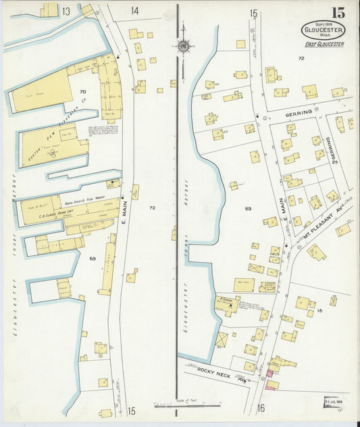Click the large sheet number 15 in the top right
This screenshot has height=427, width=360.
[337, 13]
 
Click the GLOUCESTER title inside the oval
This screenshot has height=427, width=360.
[323, 30]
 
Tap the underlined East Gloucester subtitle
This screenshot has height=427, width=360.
[324, 45]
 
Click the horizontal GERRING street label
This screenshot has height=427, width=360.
[299, 112]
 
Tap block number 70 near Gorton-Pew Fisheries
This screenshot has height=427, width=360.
[83, 92]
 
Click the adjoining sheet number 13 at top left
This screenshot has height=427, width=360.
[66, 11]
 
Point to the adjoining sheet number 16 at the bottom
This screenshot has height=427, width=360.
[261, 407]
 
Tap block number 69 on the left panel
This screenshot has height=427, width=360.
[93, 259]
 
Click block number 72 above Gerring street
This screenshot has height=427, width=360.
[301, 59]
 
